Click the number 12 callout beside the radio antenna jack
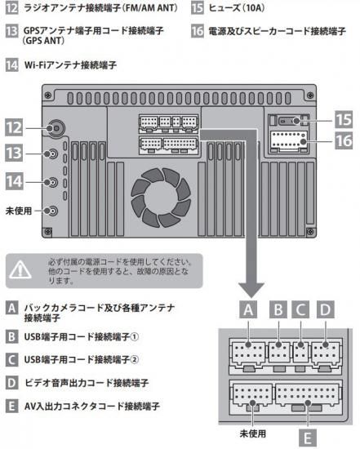pyautogui.click(x=14, y=127)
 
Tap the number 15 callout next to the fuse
pyautogui.click(x=344, y=120)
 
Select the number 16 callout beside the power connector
pyautogui.click(x=344, y=141)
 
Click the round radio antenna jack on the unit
pyautogui.click(x=56, y=128)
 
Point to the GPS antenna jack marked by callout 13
pyautogui.click(x=51, y=154)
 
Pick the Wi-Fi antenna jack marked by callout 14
pyautogui.click(x=51, y=182)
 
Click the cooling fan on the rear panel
pyautogui.click(x=161, y=198)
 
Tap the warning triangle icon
pyautogui.click(x=20, y=269)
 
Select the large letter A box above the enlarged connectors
pyautogui.click(x=248, y=309)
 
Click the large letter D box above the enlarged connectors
pyautogui.click(x=326, y=309)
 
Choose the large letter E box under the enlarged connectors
pyautogui.click(x=308, y=438)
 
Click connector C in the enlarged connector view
pyautogui.click(x=300, y=353)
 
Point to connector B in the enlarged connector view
pyautogui.click(x=279, y=353)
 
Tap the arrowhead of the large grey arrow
pyautogui.click(x=251, y=290)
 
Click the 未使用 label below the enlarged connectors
pyautogui.click(x=252, y=433)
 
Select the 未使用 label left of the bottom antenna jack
pyautogui.click(x=19, y=211)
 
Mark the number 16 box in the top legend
pyautogui.click(x=198, y=31)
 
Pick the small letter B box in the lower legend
pyautogui.click(x=11, y=336)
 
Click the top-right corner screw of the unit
pyautogui.click(x=310, y=95)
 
